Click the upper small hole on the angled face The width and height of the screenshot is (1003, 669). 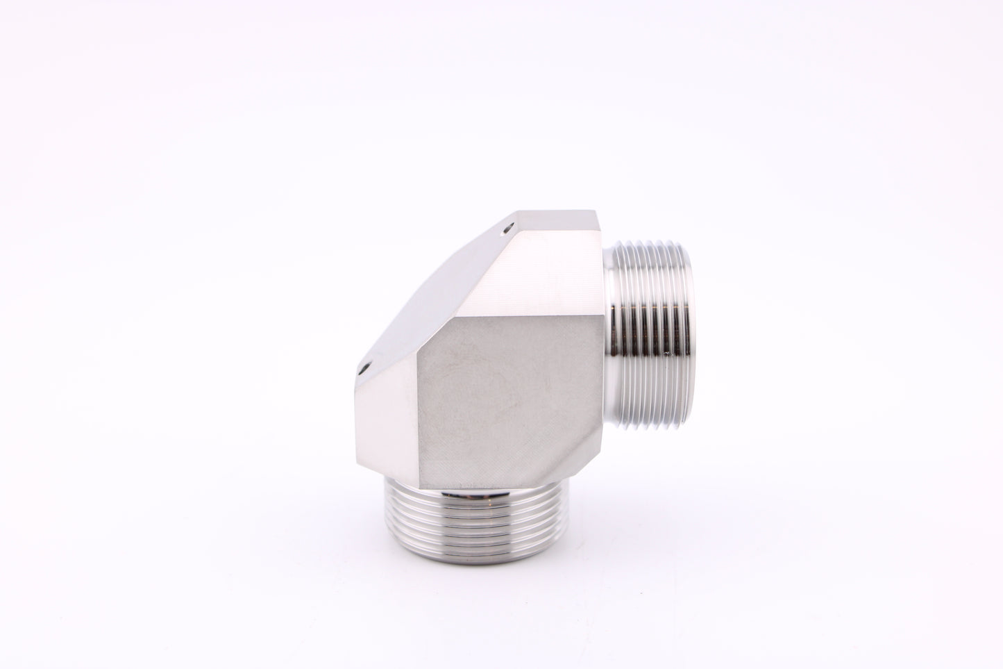tap(509, 227)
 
